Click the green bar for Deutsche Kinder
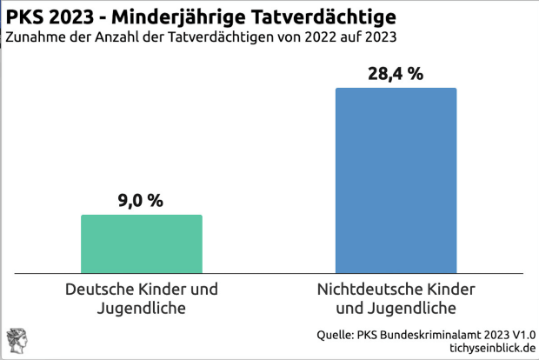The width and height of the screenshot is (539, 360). tap(141, 244)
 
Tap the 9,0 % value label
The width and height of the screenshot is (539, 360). tap(141, 201)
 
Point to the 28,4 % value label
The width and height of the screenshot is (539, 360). tap(396, 74)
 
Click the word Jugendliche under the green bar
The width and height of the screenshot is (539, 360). tap(142, 308)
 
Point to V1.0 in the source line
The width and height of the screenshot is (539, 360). tap(523, 334)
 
